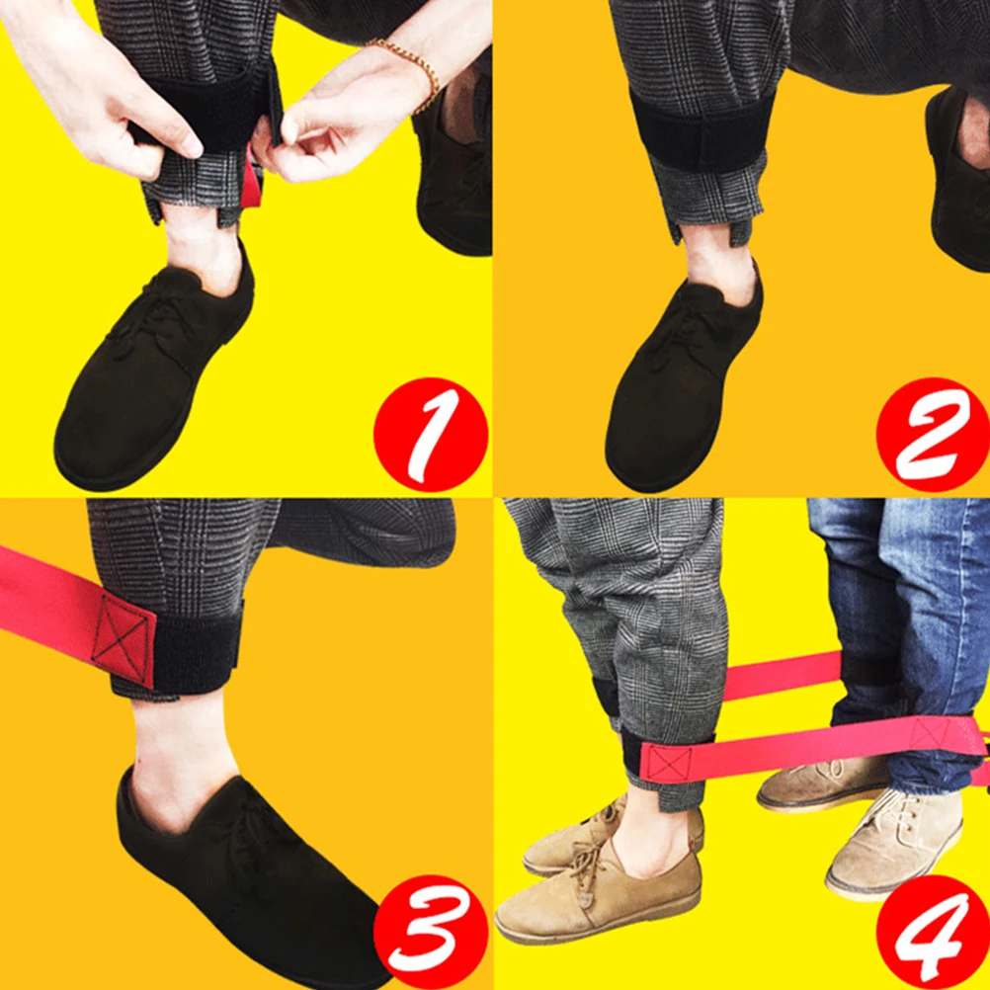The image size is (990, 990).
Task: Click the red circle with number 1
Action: click(431, 436)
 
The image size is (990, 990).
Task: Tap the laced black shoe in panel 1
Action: click(148, 375)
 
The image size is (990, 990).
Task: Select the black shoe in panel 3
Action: click(247, 869)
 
